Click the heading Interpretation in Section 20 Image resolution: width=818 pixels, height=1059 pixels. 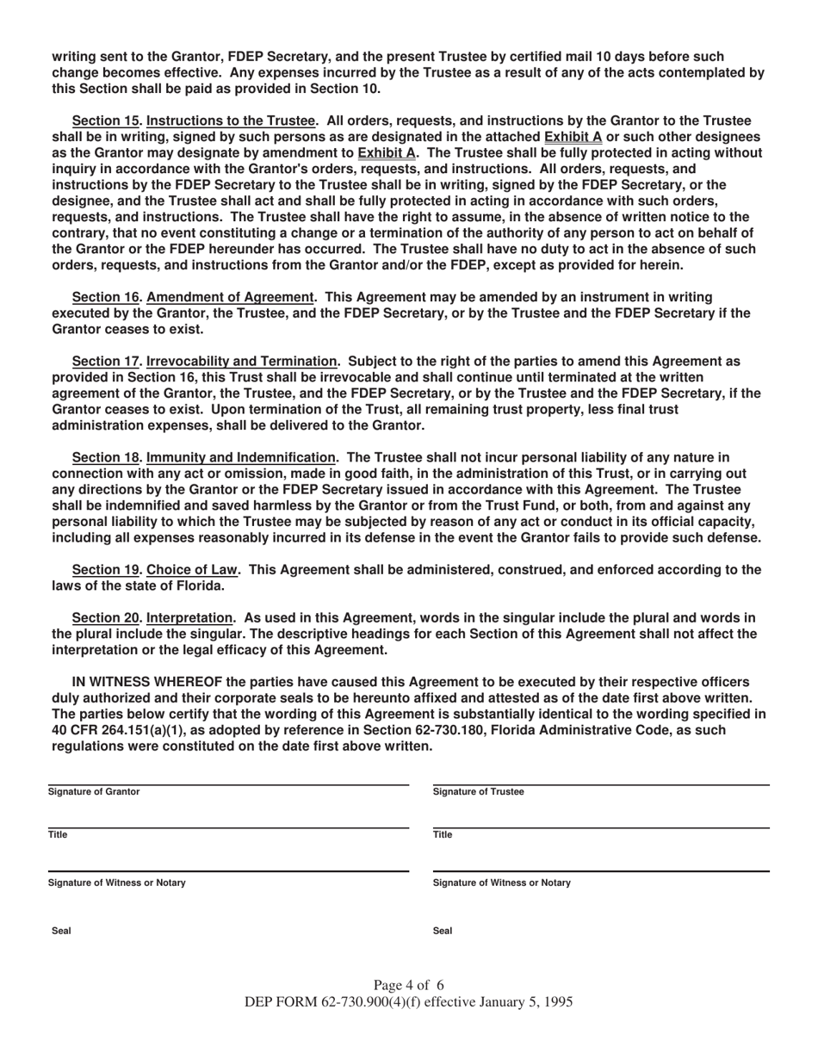[x=190, y=618]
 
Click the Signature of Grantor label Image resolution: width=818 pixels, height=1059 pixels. [x=94, y=792]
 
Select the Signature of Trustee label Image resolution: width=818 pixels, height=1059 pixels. [x=478, y=792]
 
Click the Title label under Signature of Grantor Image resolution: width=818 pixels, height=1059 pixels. [x=58, y=835]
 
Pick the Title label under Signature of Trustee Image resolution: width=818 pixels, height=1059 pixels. [x=443, y=835]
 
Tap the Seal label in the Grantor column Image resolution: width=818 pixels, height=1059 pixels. [x=61, y=932]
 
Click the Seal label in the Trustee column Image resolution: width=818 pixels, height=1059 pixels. [x=443, y=932]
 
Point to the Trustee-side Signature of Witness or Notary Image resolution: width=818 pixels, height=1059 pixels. [x=501, y=883]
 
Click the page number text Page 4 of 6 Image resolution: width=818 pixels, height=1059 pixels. [x=409, y=986]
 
